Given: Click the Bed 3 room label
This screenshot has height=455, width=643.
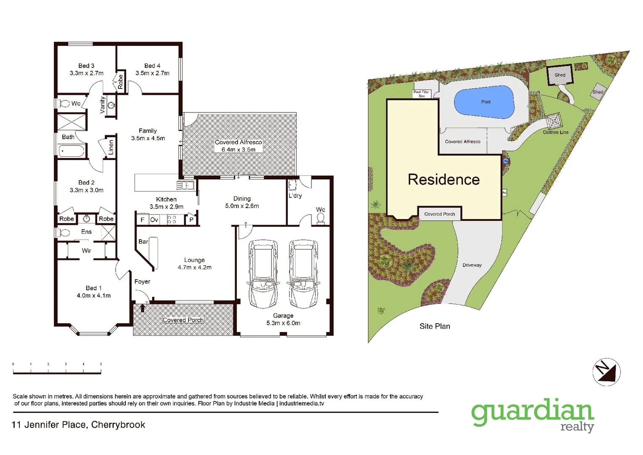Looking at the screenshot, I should (x=86, y=69).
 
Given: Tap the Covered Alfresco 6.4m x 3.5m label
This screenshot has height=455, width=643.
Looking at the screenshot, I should (x=239, y=146).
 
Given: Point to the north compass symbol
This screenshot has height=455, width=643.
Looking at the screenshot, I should (x=606, y=372).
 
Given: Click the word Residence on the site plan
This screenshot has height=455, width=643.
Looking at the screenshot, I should (x=444, y=179).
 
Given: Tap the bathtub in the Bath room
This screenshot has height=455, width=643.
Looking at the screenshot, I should (x=72, y=151).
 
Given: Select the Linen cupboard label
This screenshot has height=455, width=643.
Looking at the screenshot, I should (x=111, y=147).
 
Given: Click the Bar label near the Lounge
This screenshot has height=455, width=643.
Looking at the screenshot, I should (x=143, y=242).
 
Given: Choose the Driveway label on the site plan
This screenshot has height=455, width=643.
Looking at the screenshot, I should (x=472, y=265).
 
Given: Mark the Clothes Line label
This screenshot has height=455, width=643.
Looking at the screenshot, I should (x=555, y=132).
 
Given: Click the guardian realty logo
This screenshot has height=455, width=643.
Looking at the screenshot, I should (x=532, y=415).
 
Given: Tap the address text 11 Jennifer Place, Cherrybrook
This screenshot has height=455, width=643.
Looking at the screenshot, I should (x=78, y=425).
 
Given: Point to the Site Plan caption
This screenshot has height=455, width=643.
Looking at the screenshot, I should (x=435, y=326).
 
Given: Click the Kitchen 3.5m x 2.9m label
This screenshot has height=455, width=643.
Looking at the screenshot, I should (x=166, y=203).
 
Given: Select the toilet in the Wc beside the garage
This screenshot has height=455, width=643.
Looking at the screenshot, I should (x=321, y=218).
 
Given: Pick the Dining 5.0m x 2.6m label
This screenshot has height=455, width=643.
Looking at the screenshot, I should (x=242, y=202).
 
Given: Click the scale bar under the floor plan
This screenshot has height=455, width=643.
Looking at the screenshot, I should (x=57, y=371).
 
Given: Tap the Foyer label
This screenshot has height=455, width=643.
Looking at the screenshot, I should (x=142, y=281).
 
